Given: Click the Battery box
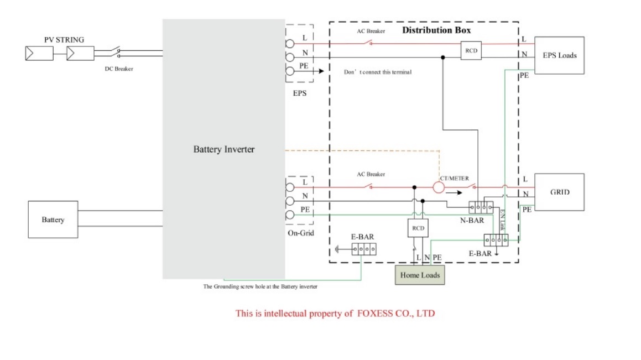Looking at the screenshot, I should (53, 220).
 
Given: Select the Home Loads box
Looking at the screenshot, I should (420, 275).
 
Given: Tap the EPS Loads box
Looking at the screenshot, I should (559, 55).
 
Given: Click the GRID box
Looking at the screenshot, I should (559, 192).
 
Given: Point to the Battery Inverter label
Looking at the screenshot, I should (224, 149).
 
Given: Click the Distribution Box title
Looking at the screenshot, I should (436, 30).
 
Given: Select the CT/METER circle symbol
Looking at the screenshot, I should (439, 188).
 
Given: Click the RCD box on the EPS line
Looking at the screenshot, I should (471, 50).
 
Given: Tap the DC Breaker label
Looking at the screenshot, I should (119, 69).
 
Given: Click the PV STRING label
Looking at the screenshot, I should (64, 40).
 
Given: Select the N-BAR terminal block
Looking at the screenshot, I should (480, 207).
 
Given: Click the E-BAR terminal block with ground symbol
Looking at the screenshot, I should (363, 249).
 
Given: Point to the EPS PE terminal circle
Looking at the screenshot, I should (289, 71).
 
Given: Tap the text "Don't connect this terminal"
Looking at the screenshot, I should (378, 72).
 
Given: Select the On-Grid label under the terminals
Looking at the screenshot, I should (300, 233).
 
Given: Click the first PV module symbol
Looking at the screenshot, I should (39, 54).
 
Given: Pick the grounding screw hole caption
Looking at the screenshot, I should (260, 286).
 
